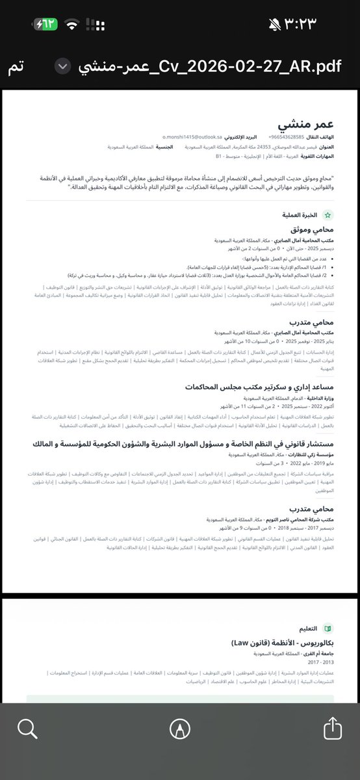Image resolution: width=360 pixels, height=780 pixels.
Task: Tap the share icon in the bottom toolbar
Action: point(331,728)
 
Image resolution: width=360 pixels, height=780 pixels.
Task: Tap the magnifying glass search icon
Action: point(27,728)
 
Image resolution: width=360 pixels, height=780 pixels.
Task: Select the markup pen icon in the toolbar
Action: point(179,728)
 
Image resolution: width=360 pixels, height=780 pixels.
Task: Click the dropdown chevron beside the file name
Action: point(62,67)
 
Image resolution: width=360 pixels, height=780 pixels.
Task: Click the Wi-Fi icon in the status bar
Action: point(72,24)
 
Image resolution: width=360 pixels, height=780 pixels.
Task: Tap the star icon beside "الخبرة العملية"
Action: point(328,214)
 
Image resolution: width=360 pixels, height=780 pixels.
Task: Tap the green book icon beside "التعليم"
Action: point(328,629)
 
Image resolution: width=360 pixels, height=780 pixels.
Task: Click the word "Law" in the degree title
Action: point(240,643)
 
